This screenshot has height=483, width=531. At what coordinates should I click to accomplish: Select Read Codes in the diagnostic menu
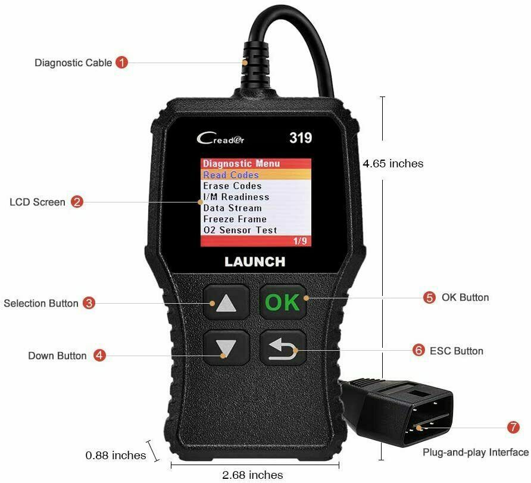pos(231,175)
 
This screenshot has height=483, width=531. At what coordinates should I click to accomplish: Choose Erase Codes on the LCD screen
pos(232,186)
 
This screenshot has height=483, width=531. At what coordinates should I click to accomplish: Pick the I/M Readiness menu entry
pos(236,197)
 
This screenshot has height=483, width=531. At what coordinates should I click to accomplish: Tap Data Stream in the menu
pos(232,208)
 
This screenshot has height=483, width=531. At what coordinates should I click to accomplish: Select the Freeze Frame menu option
pos(235,219)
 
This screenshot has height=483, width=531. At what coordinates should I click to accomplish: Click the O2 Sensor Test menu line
pos(240,230)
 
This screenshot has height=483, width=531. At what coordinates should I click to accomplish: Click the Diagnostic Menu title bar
pos(241,164)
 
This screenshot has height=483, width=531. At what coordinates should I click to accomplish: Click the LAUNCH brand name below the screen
pos(255,261)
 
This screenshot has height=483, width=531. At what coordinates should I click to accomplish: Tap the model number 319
pos(301,138)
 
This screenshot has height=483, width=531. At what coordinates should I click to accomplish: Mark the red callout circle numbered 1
pos(121,62)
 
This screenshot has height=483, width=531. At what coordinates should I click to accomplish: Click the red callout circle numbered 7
pos(513,428)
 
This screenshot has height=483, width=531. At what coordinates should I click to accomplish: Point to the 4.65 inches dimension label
pos(393,164)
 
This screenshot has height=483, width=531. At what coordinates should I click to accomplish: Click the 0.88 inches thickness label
pos(115,456)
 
